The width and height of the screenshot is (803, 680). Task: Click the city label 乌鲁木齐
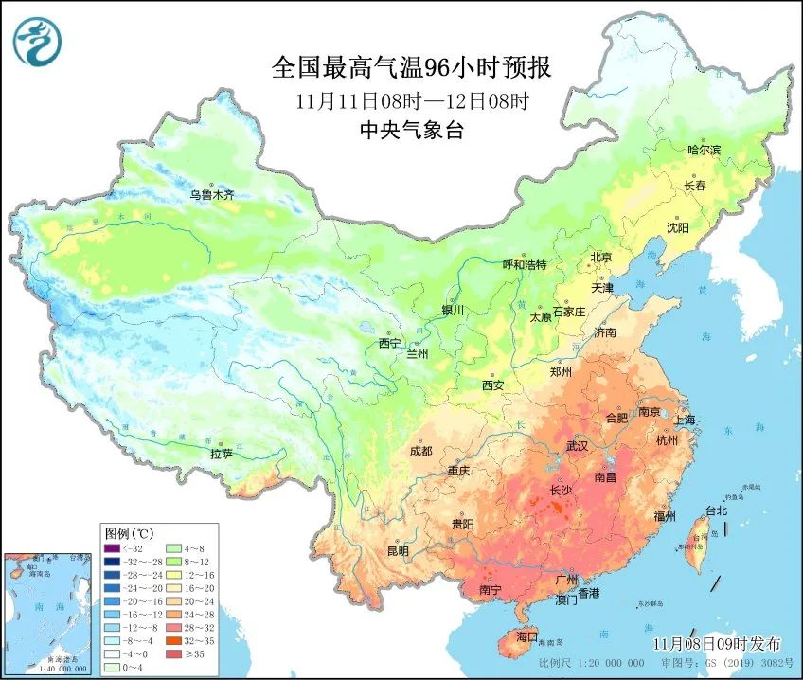(211, 195)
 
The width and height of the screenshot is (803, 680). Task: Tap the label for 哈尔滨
(704, 150)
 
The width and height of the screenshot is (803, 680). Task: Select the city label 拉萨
(221, 454)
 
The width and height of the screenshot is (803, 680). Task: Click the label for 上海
(684, 420)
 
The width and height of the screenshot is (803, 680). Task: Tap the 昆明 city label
(398, 550)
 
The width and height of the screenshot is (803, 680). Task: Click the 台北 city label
(716, 510)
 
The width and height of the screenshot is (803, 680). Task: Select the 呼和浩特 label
(525, 265)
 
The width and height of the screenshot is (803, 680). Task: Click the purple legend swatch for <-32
(112, 547)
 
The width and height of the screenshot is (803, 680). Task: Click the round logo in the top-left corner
(37, 41)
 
